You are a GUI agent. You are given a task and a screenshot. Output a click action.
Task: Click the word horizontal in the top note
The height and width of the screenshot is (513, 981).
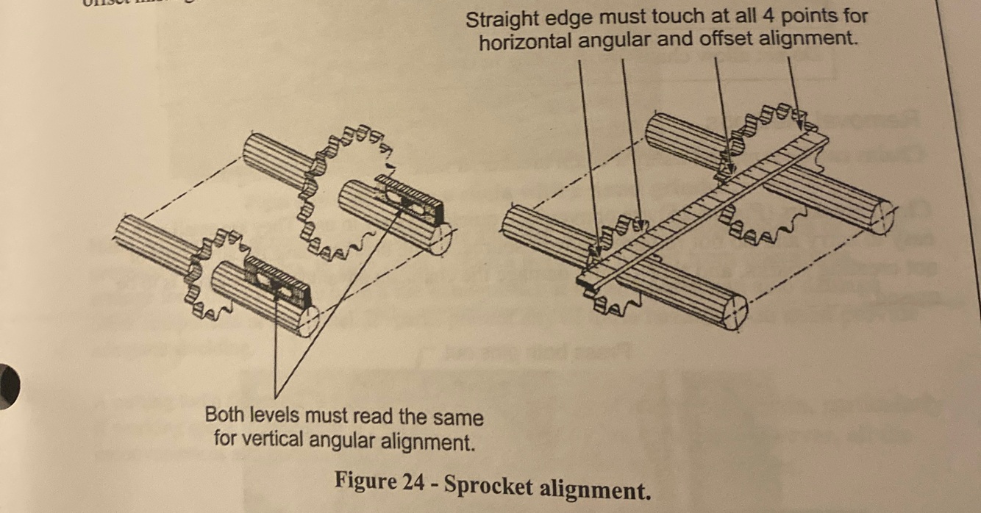click(524, 42)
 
